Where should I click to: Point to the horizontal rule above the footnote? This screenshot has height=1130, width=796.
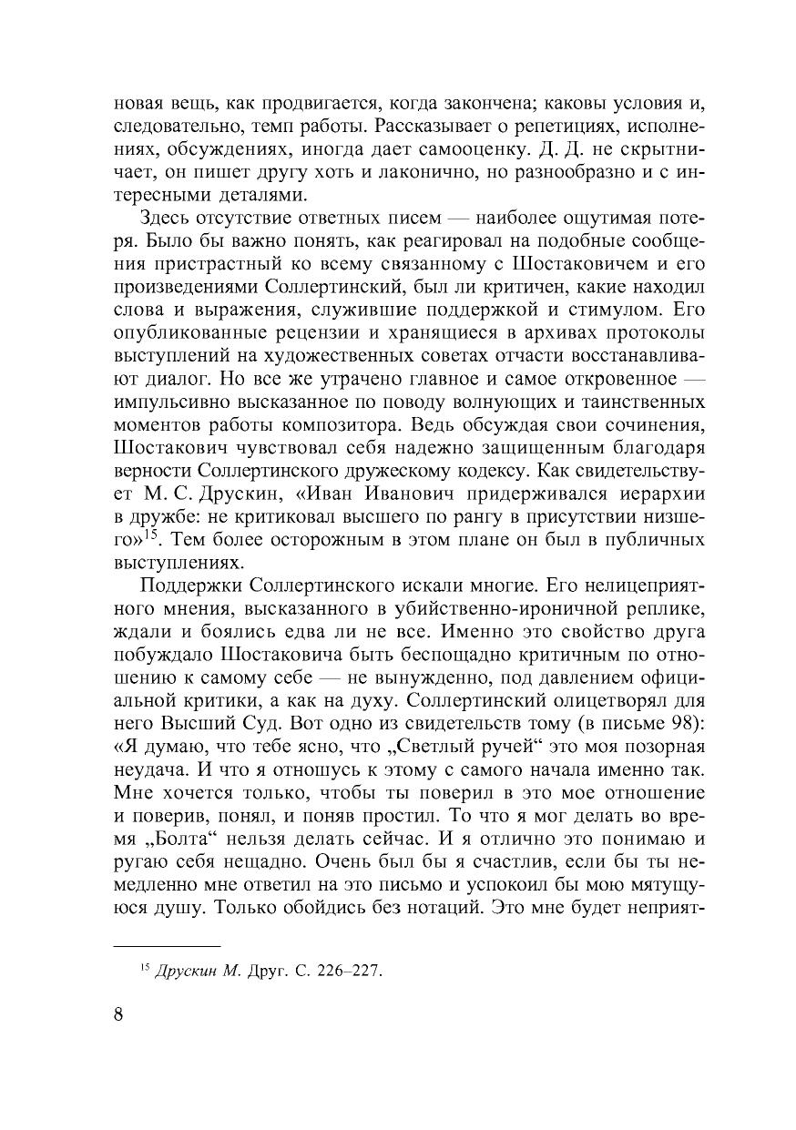point(168,947)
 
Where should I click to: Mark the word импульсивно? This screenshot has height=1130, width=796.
point(178,402)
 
